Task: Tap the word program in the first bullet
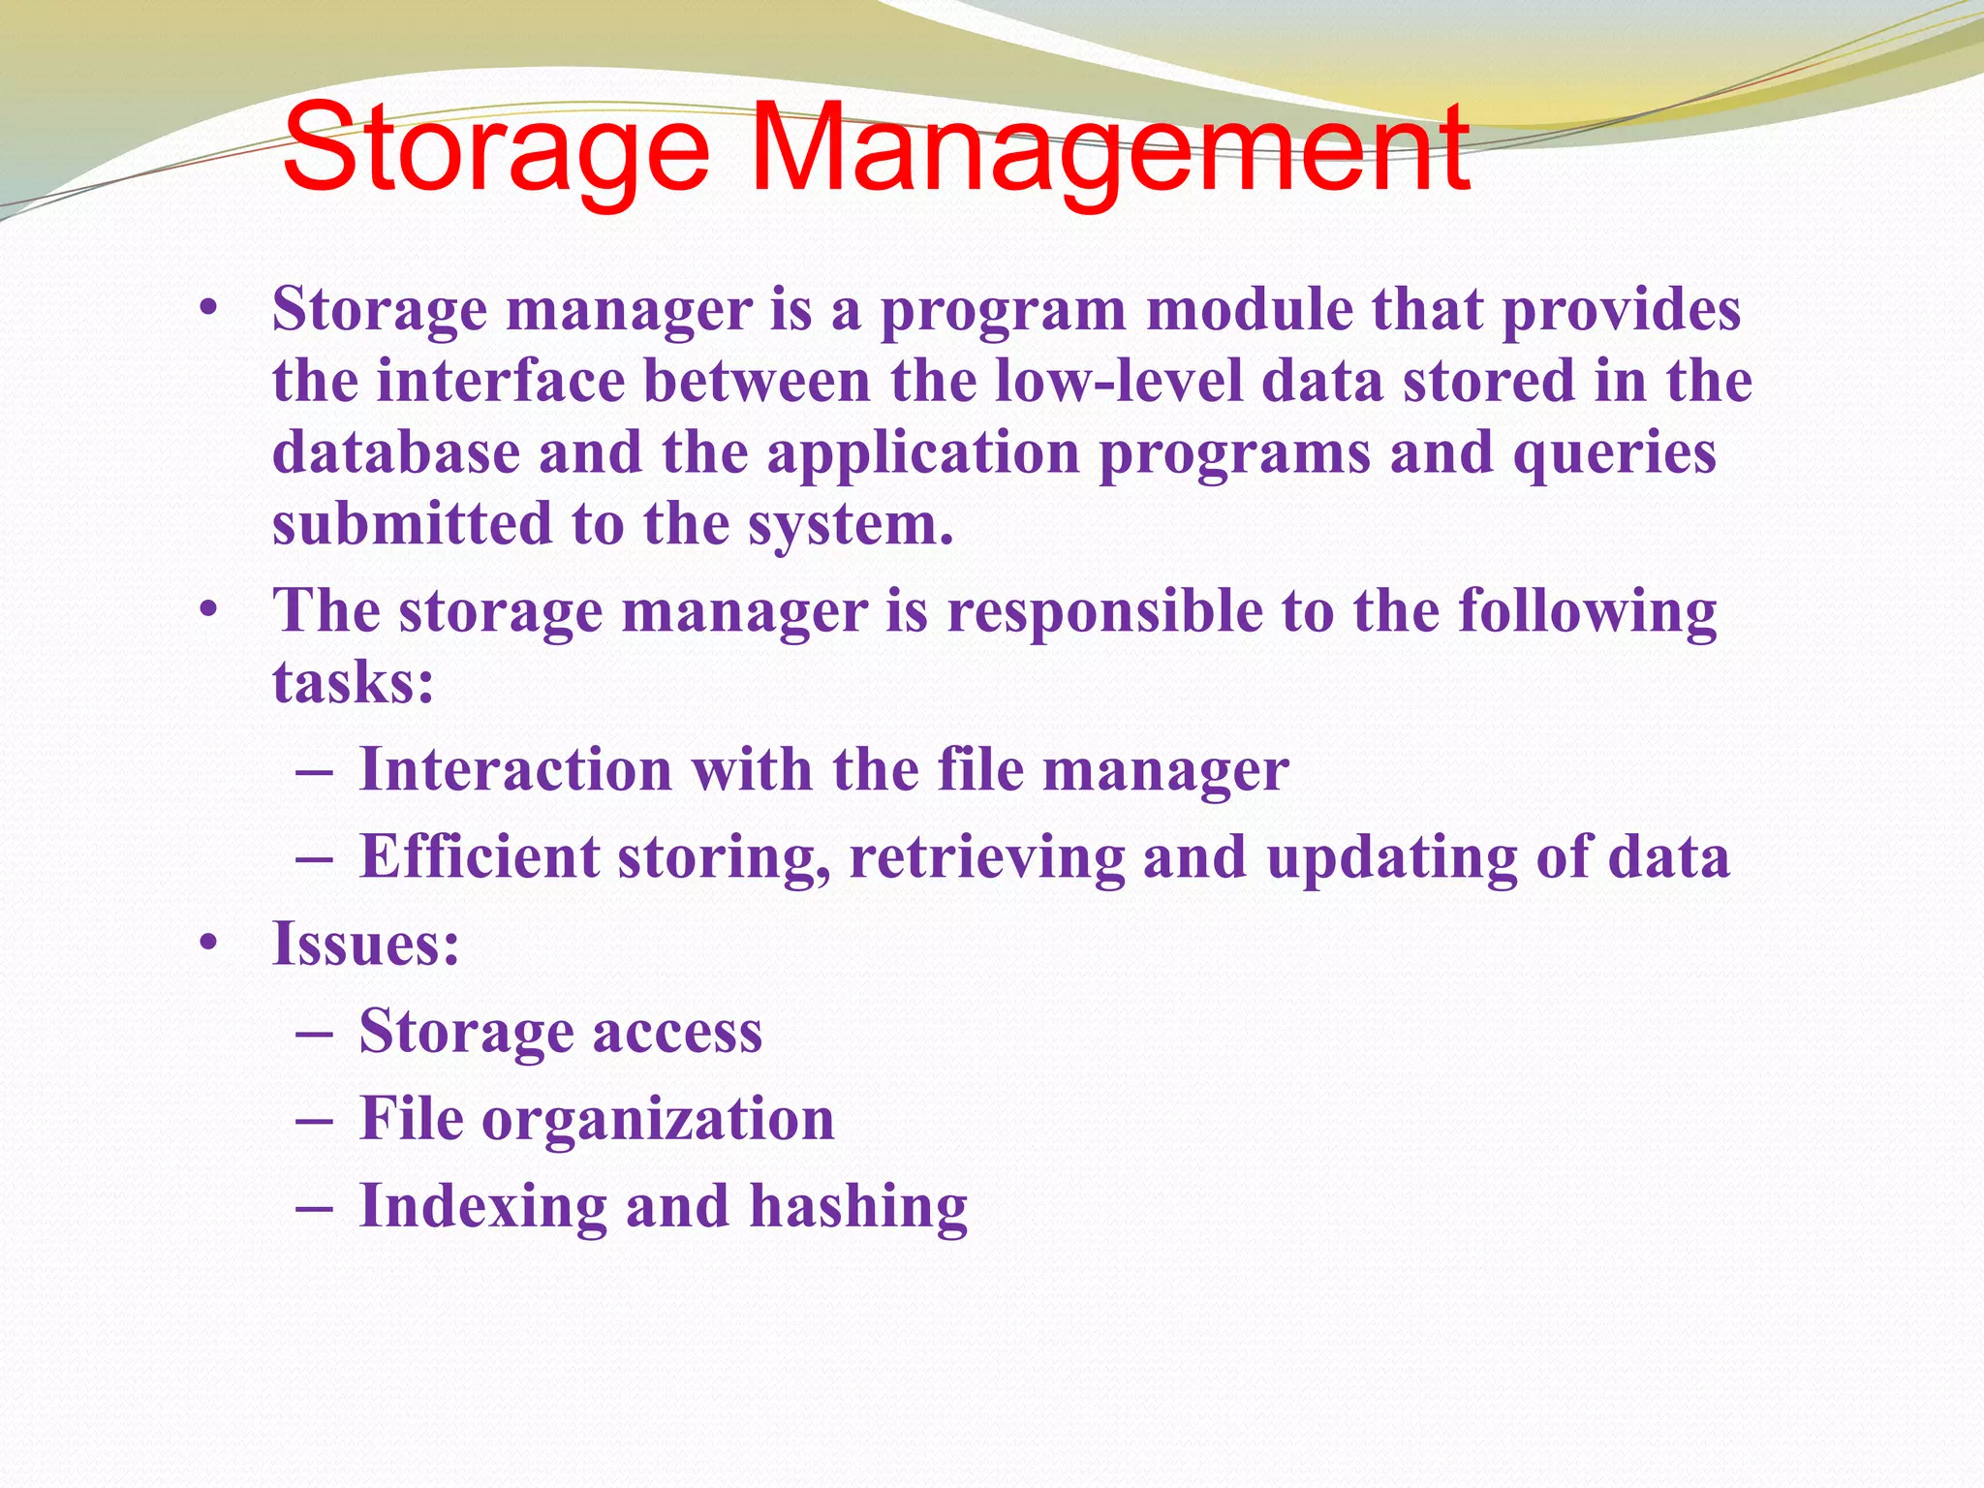click(1003, 312)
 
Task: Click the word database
click(395, 452)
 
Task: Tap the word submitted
click(412, 524)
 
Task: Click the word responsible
click(1104, 613)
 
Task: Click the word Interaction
click(515, 770)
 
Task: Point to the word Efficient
click(480, 857)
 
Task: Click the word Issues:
click(365, 944)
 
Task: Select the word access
click(677, 1032)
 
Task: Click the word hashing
click(858, 1208)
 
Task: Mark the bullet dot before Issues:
click(207, 944)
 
